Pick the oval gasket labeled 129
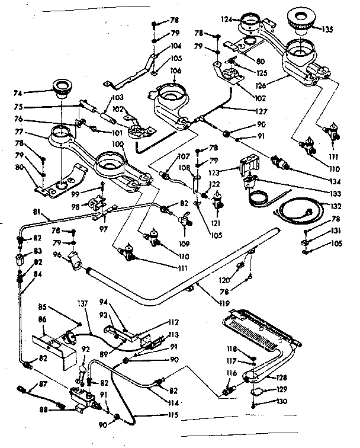258,391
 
